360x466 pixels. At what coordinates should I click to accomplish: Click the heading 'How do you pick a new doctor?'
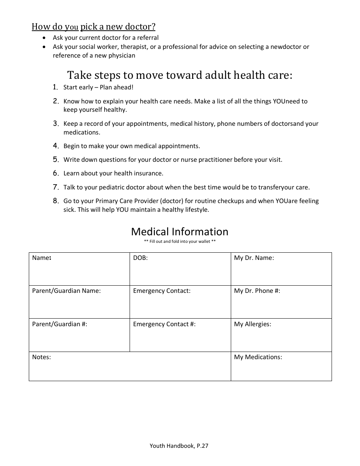[x=93, y=27]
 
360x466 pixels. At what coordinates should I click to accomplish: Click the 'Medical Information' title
[x=180, y=231]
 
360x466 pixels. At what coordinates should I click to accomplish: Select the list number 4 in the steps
[x=56, y=146]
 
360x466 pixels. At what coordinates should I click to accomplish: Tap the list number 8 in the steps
[x=56, y=201]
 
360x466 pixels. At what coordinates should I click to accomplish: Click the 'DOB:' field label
[x=140, y=258]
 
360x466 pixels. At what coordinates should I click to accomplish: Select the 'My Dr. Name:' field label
[x=254, y=258]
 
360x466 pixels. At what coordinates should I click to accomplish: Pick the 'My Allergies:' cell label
[x=252, y=324]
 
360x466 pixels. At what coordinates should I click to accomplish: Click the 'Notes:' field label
[x=41, y=357]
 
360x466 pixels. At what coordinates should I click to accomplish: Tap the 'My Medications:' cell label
[x=258, y=357]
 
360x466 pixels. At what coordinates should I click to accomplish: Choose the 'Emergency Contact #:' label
[x=164, y=324]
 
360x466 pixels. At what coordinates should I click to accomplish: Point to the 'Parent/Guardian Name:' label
[x=66, y=291]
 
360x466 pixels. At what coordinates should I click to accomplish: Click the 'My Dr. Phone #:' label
[x=257, y=291]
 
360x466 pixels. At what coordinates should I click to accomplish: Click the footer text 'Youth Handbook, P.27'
[x=179, y=446]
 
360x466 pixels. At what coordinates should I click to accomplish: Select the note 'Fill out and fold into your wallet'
[x=180, y=241]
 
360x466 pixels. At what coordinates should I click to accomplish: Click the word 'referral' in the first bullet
[x=148, y=38]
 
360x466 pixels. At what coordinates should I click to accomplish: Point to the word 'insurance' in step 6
[x=149, y=174]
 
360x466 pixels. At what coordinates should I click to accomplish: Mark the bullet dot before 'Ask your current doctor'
[x=45, y=38]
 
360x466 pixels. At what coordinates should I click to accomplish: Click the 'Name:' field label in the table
[x=41, y=258]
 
